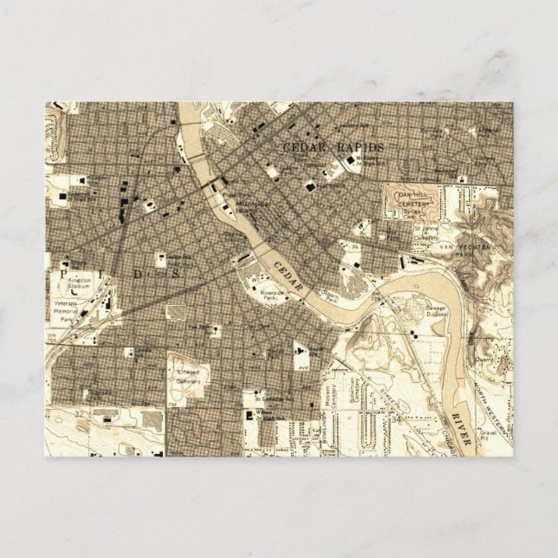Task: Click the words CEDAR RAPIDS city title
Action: [334, 147]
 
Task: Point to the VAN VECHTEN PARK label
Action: [481, 251]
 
